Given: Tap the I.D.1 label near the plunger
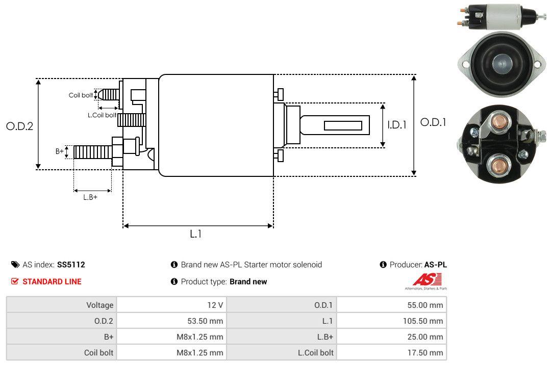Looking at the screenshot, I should coord(396,124).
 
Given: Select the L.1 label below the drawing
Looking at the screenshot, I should coord(196,234).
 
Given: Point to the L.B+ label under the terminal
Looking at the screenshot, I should coord(90,197).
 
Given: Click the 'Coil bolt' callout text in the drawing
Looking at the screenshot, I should coord(81,95).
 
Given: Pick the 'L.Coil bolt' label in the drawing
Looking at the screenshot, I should coord(102,115).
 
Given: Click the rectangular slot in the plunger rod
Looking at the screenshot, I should coord(343,125).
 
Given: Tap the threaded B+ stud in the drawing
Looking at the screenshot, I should coord(92,151).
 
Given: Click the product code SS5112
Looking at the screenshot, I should coord(71,265).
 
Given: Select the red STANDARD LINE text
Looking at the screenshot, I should coord(52,281).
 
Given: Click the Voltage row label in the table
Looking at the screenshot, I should coord(99,305).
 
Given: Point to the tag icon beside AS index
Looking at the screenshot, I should coord(15,265).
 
